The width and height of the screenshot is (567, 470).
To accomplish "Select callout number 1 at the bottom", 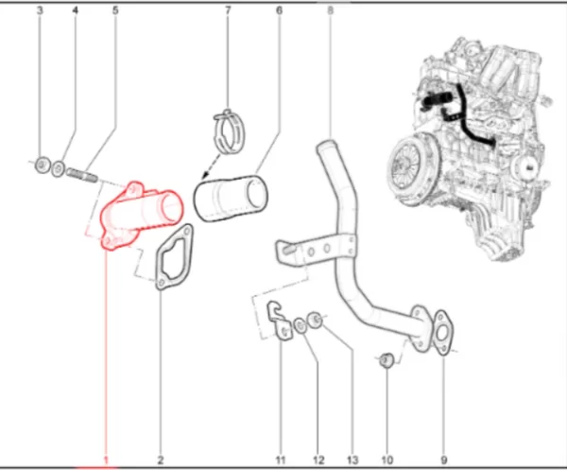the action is (x=106, y=460).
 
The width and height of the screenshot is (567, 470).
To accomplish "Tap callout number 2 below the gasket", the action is (x=161, y=460).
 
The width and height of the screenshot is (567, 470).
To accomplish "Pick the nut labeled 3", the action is (x=43, y=165).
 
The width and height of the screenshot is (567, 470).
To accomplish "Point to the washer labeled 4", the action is (x=59, y=169).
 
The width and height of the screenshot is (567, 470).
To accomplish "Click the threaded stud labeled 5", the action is (x=82, y=175).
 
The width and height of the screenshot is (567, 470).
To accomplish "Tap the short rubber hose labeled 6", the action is (x=231, y=199).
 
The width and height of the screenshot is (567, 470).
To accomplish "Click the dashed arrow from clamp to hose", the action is (x=211, y=167).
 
